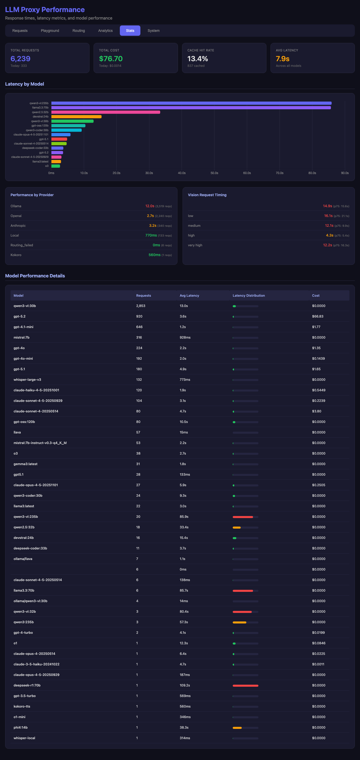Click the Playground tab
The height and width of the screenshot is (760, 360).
(50, 31)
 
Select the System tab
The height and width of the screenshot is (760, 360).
(154, 31)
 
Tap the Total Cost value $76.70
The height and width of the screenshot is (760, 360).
(111, 59)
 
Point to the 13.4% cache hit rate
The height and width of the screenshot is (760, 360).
(197, 59)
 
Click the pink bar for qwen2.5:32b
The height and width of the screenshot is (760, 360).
(106, 112)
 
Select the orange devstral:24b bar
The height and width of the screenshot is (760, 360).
(76, 116)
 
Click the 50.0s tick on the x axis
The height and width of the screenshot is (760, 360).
(214, 173)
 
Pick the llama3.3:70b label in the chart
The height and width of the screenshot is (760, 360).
(40, 108)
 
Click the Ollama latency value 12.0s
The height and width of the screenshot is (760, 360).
(150, 206)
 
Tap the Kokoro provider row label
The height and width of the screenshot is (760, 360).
(16, 255)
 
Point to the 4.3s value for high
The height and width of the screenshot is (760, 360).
(329, 235)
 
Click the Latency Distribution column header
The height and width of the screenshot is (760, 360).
(248, 295)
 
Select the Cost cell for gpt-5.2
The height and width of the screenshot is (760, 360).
(318, 316)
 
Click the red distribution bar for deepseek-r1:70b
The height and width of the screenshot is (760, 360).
(245, 685)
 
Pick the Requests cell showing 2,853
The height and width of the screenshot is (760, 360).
(140, 306)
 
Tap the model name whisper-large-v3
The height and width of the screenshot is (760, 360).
(27, 379)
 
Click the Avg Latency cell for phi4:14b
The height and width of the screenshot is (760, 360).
(184, 727)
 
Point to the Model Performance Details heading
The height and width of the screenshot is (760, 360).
(35, 276)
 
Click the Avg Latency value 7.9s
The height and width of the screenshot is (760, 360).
(282, 59)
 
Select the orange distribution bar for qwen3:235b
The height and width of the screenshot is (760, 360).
(239, 622)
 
